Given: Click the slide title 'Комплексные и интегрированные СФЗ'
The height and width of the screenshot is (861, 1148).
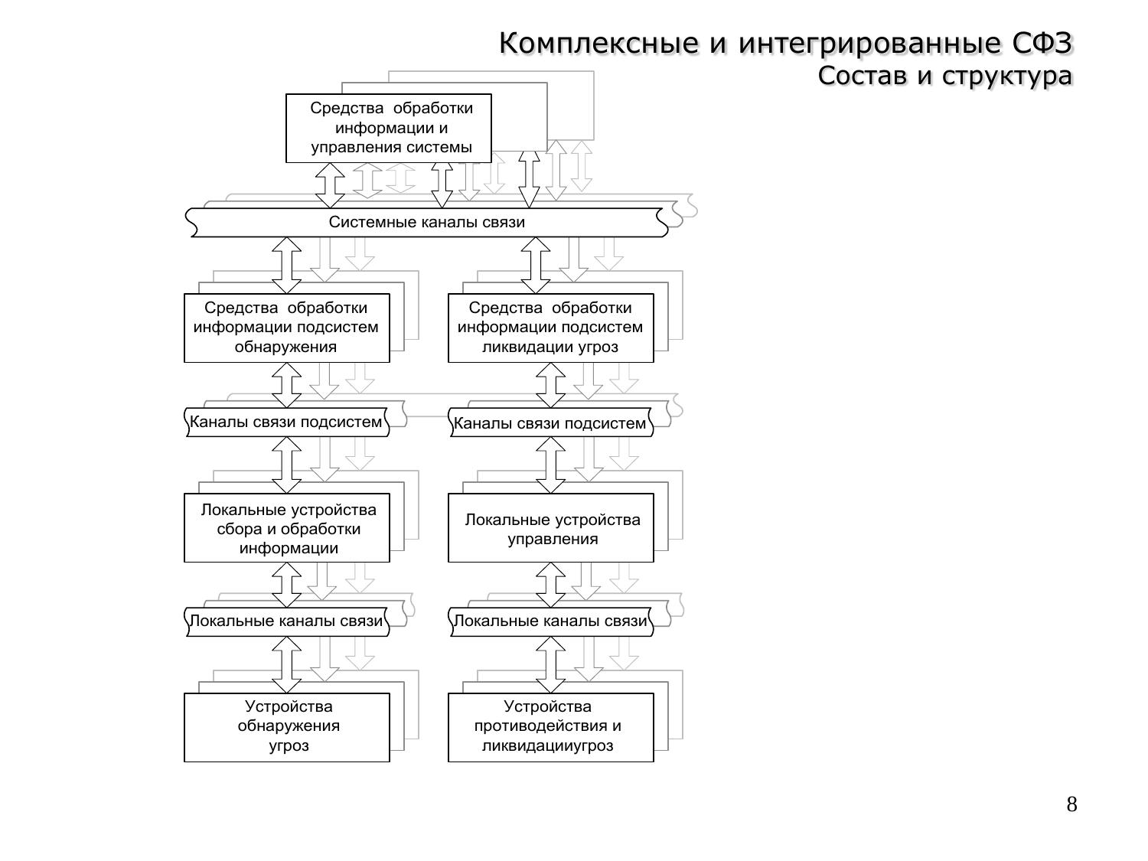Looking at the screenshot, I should pyautogui.click(x=785, y=44).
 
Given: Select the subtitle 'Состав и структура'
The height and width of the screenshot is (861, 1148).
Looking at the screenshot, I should pyautogui.click(x=944, y=77).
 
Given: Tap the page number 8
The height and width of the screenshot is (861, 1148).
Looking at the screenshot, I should pyautogui.click(x=1071, y=804).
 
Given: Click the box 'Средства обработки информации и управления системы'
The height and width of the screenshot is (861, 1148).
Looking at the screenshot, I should pyautogui.click(x=389, y=128).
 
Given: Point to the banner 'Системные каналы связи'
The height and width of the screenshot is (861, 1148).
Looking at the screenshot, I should pyautogui.click(x=427, y=223).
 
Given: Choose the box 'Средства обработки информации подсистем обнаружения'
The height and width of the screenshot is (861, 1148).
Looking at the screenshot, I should pyautogui.click(x=286, y=328).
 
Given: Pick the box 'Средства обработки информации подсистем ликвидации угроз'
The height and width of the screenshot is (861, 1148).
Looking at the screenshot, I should pyautogui.click(x=550, y=328).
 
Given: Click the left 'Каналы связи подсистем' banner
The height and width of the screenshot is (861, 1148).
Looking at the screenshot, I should pyautogui.click(x=286, y=422).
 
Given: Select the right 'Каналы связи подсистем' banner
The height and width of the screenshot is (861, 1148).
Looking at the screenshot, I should pyautogui.click(x=550, y=423).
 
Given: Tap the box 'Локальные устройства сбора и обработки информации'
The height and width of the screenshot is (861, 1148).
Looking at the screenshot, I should pyautogui.click(x=286, y=528).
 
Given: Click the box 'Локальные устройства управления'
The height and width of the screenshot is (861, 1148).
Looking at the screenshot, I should pyautogui.click(x=550, y=528).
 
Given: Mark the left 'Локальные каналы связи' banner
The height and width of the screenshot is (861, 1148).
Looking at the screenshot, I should pyautogui.click(x=286, y=621).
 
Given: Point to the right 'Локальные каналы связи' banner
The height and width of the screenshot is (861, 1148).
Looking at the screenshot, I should pyautogui.click(x=550, y=621).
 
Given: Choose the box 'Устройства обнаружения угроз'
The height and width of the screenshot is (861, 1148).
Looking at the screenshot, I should pyautogui.click(x=286, y=727).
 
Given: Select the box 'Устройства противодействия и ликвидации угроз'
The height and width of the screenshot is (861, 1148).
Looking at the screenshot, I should pyautogui.click(x=550, y=727).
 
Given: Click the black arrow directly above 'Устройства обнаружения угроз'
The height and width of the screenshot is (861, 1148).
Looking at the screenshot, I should pyautogui.click(x=287, y=665).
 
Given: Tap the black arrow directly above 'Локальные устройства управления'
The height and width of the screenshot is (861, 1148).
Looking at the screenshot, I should pyautogui.click(x=550, y=465).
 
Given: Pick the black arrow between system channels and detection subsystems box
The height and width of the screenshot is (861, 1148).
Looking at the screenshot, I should pyautogui.click(x=287, y=265).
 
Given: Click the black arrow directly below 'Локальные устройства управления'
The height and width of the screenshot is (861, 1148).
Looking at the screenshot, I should pyautogui.click(x=550, y=585).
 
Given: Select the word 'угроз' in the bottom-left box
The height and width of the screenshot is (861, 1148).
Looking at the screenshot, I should pyautogui.click(x=289, y=746).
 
